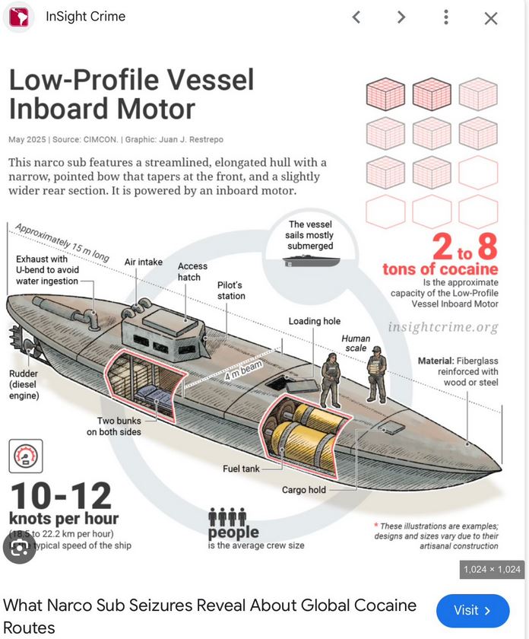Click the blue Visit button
[x=472, y=610]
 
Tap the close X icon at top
[x=491, y=18]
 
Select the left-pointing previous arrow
[x=356, y=17]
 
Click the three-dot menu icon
[x=446, y=17]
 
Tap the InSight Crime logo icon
[x=18, y=17]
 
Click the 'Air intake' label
[x=144, y=262]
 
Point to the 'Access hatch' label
[x=192, y=272]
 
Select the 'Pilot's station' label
[x=231, y=290]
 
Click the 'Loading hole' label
[x=314, y=321]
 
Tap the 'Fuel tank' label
[x=241, y=469]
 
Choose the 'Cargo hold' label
[x=303, y=489]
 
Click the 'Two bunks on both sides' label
[x=119, y=426]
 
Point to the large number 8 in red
[x=486, y=246]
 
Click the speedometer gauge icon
[x=26, y=456]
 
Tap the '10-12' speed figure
[x=60, y=496]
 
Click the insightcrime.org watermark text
[x=443, y=327]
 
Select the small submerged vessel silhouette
[x=310, y=260]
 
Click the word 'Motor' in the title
[x=156, y=109]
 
